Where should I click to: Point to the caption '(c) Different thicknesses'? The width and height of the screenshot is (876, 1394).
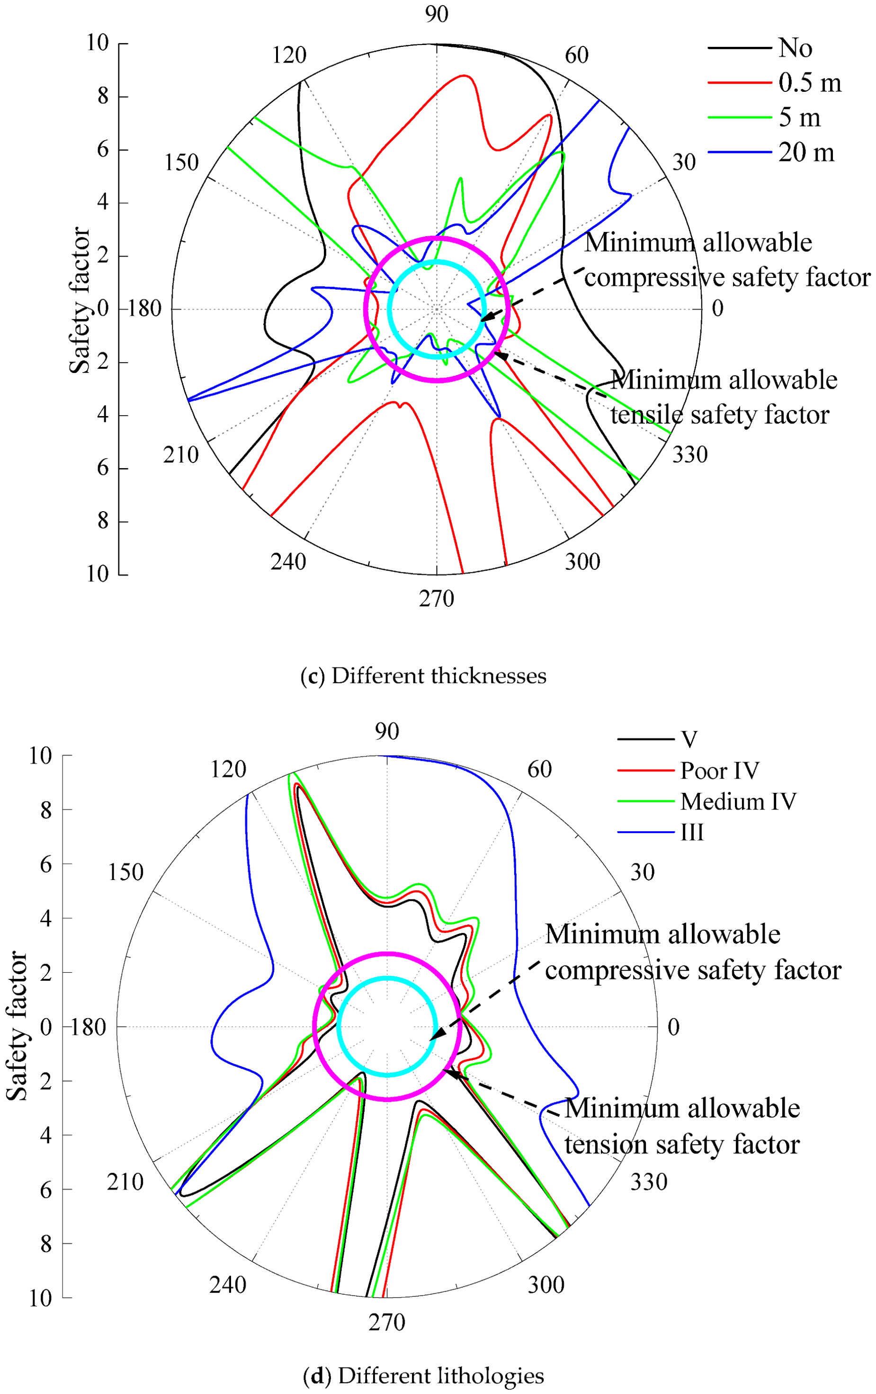[x=423, y=675]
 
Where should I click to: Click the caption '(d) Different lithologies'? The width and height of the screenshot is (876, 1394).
[x=423, y=1376]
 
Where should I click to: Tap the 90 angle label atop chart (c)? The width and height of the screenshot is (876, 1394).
[x=436, y=14]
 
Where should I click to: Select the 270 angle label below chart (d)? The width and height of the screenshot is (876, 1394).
[x=387, y=1322]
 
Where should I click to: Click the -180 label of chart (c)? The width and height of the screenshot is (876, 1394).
[x=141, y=309]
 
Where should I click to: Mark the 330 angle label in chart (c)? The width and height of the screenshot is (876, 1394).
[x=689, y=454]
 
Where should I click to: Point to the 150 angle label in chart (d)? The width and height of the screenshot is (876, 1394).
[x=125, y=872]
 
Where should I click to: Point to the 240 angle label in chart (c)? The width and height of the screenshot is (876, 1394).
[x=288, y=561]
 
